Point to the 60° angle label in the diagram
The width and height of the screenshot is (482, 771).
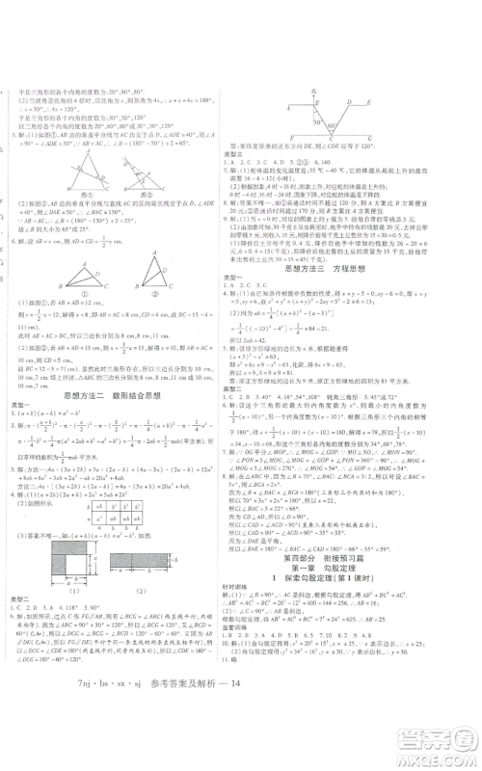point(331,125)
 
